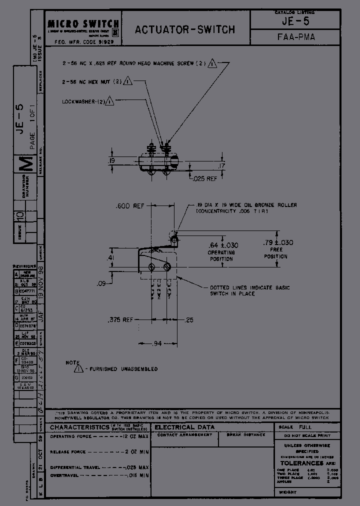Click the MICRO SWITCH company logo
click(x=83, y=24)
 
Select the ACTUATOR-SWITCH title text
click(x=184, y=29)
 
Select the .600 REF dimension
click(x=129, y=206)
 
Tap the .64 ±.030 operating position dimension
click(x=223, y=245)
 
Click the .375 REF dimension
click(x=120, y=320)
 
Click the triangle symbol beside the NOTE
click(x=79, y=369)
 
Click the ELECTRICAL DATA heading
click(x=184, y=427)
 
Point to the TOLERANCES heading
click(x=302, y=463)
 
